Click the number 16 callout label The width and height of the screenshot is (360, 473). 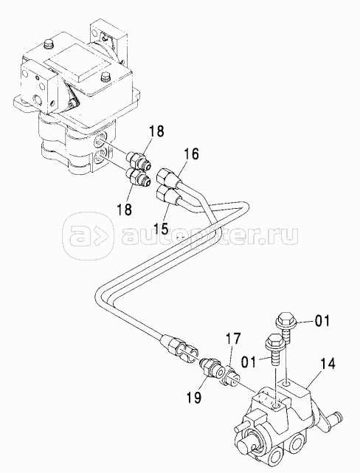[191, 155]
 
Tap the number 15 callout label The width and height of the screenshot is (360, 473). [160, 228]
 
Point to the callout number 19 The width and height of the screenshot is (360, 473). [193, 397]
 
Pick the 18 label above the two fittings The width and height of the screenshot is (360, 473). [156, 131]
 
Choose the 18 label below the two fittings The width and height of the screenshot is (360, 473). [124, 210]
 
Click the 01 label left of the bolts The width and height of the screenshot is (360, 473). [248, 362]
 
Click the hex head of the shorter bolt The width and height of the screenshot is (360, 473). [273, 340]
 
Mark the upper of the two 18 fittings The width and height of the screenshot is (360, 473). [138, 159]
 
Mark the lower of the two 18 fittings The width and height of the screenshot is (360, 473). [138, 176]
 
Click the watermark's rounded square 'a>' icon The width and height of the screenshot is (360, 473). [88, 235]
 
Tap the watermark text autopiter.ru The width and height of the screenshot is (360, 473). [210, 234]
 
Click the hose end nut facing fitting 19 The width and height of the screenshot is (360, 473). [179, 345]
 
